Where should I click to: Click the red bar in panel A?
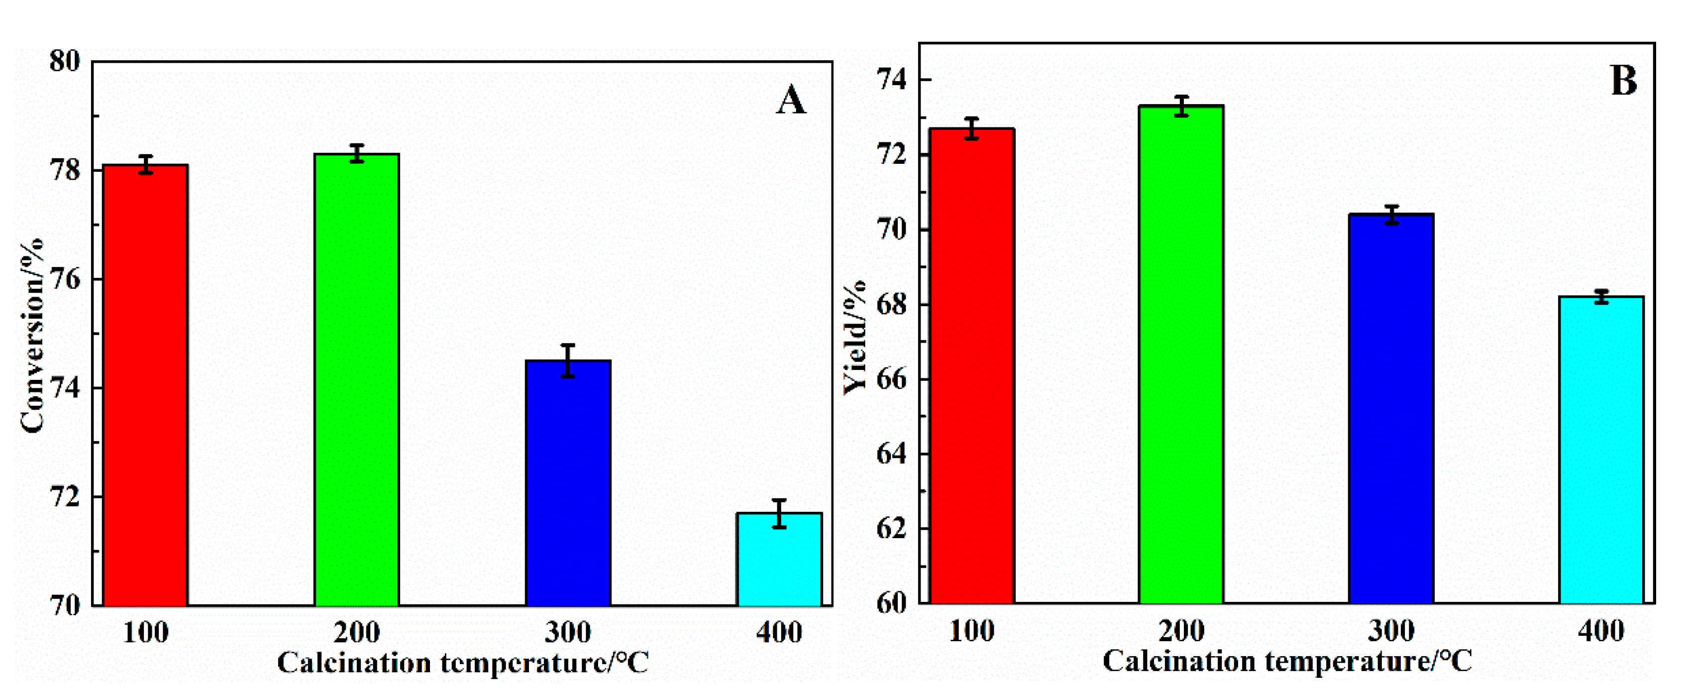pos(146,386)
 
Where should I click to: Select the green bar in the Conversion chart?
pos(356,379)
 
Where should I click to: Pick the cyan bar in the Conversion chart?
pos(779,559)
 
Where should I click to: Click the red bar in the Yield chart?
pos(972,366)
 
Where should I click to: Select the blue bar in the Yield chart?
pos(1391,409)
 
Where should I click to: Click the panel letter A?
pos(791,102)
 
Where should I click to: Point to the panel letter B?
pos(1623,81)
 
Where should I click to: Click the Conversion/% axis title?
pos(31,335)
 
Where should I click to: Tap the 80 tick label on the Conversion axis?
pos(65,62)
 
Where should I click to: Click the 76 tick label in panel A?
pos(65,280)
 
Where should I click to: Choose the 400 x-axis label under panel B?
pos(1601,631)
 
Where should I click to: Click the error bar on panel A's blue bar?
pos(568,360)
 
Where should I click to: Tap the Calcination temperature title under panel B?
pos(1287,661)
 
